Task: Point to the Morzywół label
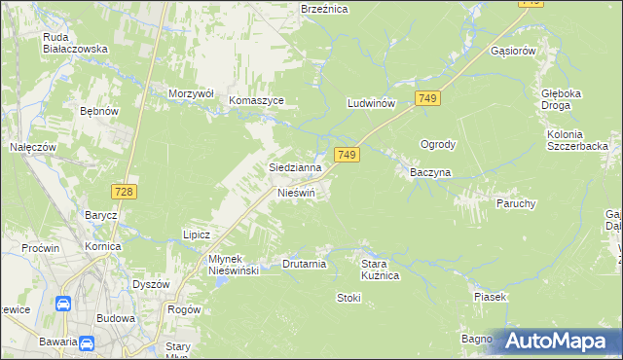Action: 190,93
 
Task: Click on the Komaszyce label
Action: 256,100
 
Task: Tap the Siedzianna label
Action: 295,167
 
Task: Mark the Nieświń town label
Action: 297,193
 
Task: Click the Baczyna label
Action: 424,173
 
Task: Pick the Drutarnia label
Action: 304,263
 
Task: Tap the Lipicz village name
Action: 197,234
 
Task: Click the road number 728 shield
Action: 123,193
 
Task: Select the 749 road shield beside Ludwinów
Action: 428,98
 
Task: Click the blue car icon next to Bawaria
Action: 87,342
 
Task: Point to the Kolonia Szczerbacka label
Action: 577,139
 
